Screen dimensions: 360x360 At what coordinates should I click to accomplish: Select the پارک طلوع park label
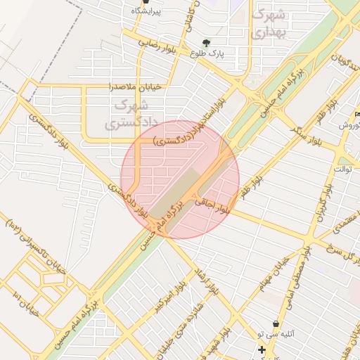pyautogui.click(x=207, y=53)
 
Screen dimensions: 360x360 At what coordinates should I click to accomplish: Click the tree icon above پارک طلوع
pyautogui.click(x=206, y=42)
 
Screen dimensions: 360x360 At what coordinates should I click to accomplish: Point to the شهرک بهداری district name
pyautogui.click(x=268, y=23)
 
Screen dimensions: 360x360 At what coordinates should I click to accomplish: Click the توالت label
pyautogui.click(x=343, y=169)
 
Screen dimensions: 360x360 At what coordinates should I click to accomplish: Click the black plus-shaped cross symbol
pyautogui.click(x=262, y=349)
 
